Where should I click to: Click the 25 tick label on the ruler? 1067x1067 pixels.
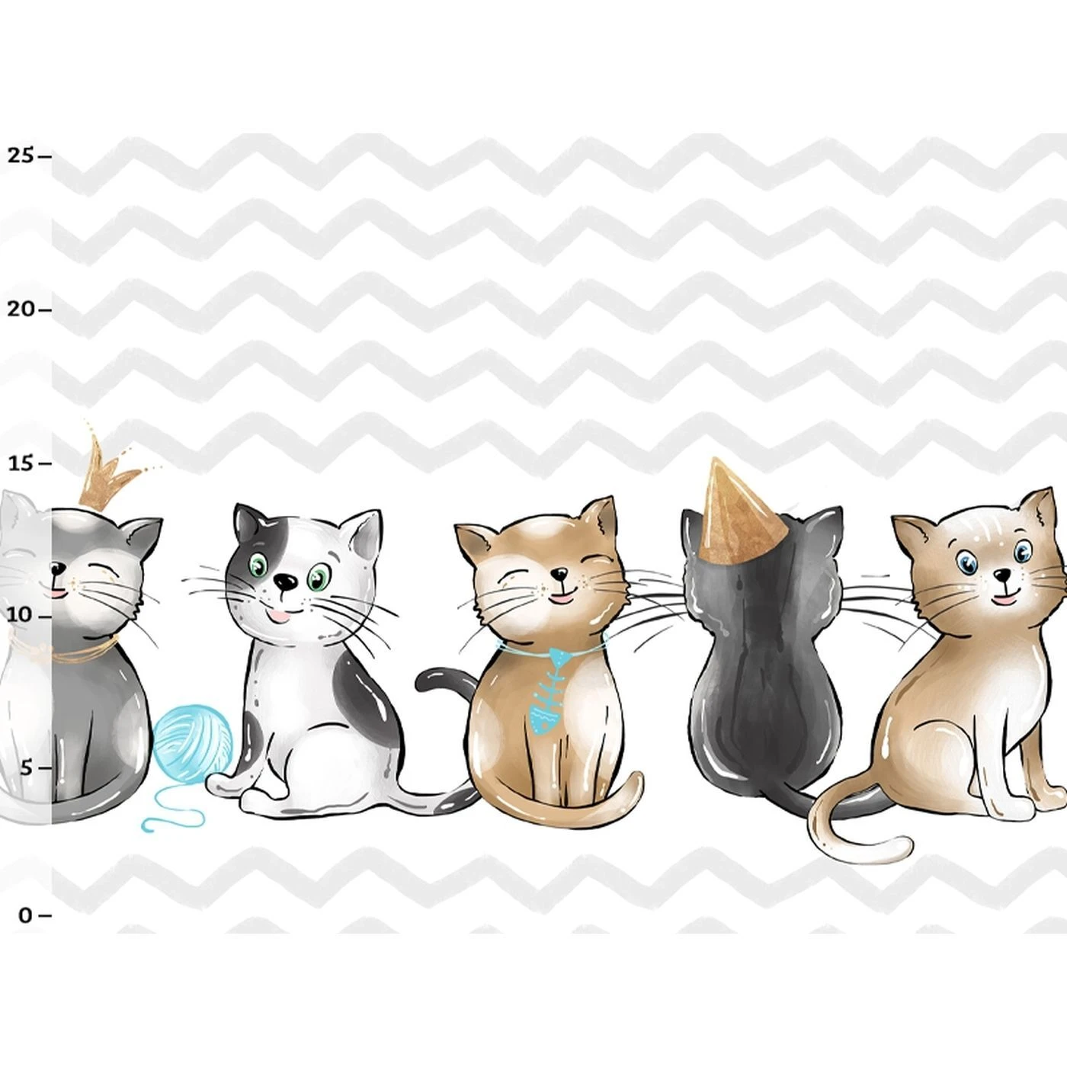[21, 155]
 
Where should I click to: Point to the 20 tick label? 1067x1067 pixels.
[21, 309]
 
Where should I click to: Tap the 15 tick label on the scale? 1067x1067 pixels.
[21, 463]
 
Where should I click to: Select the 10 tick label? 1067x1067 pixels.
[21, 615]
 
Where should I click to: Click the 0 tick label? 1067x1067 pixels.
[25, 915]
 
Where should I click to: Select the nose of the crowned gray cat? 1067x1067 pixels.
[57, 569]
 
